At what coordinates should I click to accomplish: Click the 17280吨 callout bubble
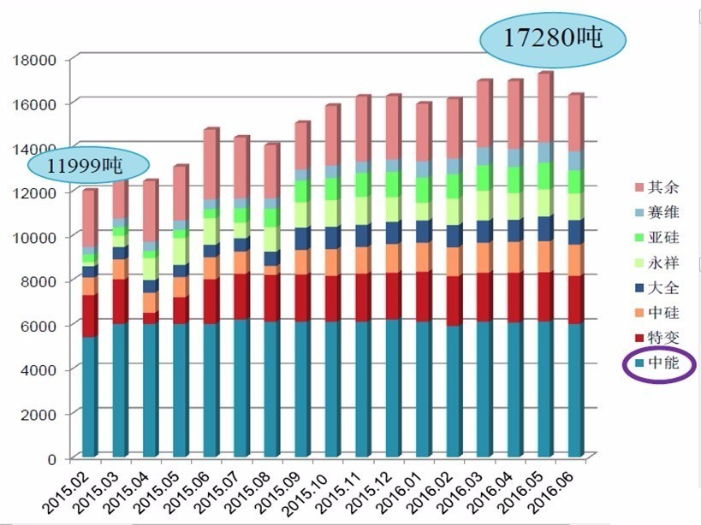click(553, 38)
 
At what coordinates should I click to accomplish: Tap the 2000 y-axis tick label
click(39, 414)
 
